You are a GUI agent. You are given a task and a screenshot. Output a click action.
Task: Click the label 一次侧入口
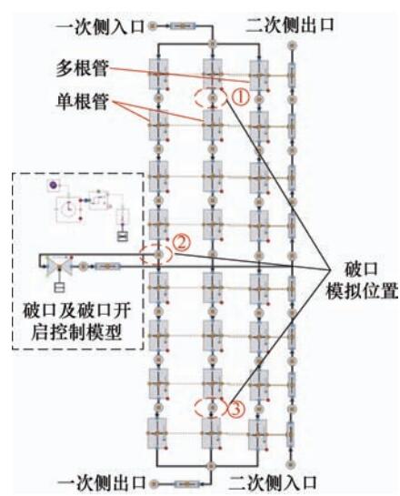click(x=100, y=26)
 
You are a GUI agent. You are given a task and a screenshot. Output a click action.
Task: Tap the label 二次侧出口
click(x=289, y=25)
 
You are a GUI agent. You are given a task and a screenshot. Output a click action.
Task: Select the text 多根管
click(x=82, y=68)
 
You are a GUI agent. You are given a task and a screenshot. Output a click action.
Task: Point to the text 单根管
click(x=82, y=102)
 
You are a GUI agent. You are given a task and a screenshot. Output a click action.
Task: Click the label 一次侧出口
click(x=102, y=483)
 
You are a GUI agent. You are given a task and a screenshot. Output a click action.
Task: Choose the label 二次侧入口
click(x=273, y=483)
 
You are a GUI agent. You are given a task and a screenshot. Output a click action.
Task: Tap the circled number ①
click(x=240, y=97)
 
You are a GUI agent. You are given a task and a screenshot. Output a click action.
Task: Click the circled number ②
click(x=181, y=243)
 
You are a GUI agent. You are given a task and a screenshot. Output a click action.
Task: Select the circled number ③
click(x=236, y=410)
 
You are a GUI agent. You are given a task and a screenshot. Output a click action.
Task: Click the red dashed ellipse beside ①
click(x=195, y=98)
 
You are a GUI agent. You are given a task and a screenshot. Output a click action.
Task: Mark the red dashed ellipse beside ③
click(x=195, y=407)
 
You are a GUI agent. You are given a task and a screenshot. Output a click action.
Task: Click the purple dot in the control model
click(x=53, y=185)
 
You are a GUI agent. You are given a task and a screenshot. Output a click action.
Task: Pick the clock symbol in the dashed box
click(x=68, y=208)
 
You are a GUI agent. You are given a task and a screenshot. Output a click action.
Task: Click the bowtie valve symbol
click(x=59, y=267)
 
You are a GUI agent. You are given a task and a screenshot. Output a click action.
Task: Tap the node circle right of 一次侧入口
click(x=154, y=25)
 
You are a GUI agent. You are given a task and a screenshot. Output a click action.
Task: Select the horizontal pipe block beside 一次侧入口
click(x=184, y=26)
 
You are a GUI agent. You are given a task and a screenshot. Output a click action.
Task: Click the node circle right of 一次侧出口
click(x=155, y=483)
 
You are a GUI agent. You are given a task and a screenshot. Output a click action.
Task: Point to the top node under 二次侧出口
click(x=292, y=45)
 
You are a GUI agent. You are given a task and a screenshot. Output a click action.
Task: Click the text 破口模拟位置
click(x=362, y=280)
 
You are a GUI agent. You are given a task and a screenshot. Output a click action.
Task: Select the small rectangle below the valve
click(x=59, y=288)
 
